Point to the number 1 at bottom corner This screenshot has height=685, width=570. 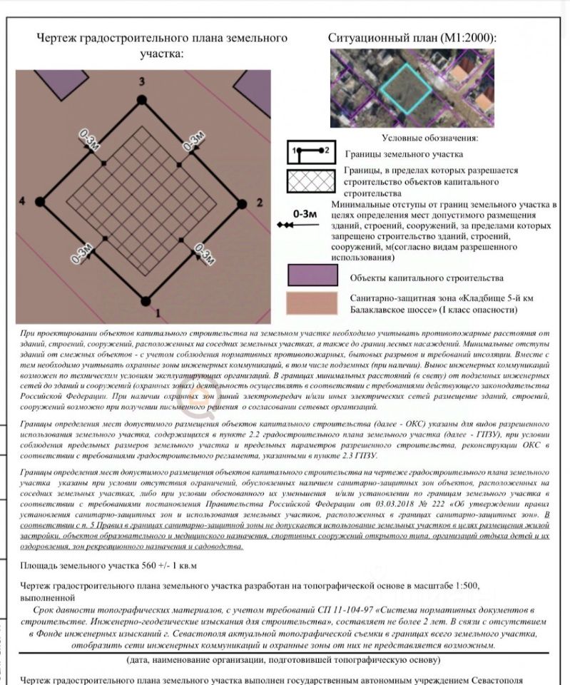pos(158,312)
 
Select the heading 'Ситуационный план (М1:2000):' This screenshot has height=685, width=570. pos(412,38)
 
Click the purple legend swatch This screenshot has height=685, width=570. pos(311,276)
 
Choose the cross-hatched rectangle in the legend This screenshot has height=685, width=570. pos(311,181)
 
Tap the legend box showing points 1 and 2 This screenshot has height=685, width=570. pos(311,152)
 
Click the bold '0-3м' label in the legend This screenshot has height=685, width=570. pos(305,213)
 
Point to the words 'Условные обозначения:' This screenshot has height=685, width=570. pos(429,138)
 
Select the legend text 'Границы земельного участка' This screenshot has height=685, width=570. pos(404,153)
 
